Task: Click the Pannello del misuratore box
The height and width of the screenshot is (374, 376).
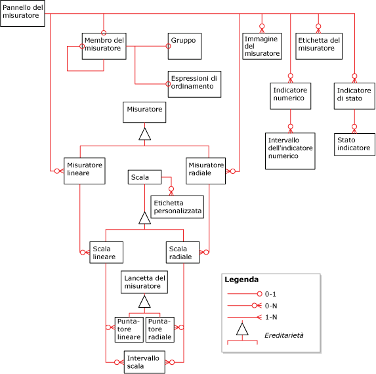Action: (23, 14)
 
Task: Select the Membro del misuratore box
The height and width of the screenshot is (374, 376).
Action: (104, 46)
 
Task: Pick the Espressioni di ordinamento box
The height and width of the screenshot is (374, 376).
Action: (194, 83)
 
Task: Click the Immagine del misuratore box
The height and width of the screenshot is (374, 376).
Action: (262, 46)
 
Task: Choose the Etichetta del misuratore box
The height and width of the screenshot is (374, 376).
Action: (319, 44)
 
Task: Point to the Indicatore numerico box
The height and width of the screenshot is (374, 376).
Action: (291, 96)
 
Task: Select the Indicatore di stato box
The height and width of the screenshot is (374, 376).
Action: (354, 96)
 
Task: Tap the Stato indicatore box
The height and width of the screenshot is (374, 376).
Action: (354, 144)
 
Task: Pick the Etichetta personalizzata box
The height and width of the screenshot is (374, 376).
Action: (177, 207)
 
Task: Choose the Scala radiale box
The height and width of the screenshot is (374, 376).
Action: (183, 253)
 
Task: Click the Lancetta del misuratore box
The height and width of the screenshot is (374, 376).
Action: (144, 283)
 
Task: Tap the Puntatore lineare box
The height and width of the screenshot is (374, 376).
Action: (129, 329)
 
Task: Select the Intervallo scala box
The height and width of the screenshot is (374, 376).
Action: (144, 362)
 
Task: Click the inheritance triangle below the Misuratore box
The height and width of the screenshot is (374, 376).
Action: (144, 135)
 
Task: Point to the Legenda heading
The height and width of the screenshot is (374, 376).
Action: (241, 280)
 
